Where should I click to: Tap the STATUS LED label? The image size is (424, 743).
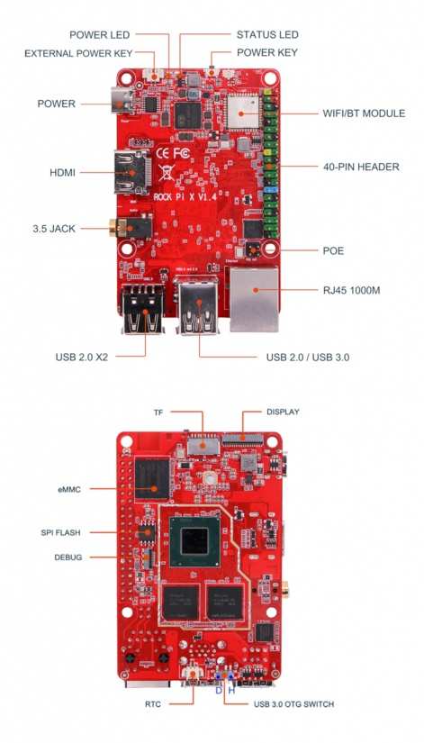[x=267, y=34]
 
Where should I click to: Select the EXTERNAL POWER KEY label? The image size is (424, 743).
[x=78, y=53]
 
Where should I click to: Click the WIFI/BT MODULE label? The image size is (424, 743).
[x=364, y=113]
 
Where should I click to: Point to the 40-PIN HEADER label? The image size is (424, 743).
[x=361, y=167]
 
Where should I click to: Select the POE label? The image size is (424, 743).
[x=334, y=250]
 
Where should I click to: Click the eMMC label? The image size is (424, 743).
[x=69, y=490]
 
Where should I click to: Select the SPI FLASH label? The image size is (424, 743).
[x=61, y=532]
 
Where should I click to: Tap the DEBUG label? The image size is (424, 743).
[x=68, y=557]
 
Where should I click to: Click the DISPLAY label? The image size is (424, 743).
[x=283, y=412]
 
